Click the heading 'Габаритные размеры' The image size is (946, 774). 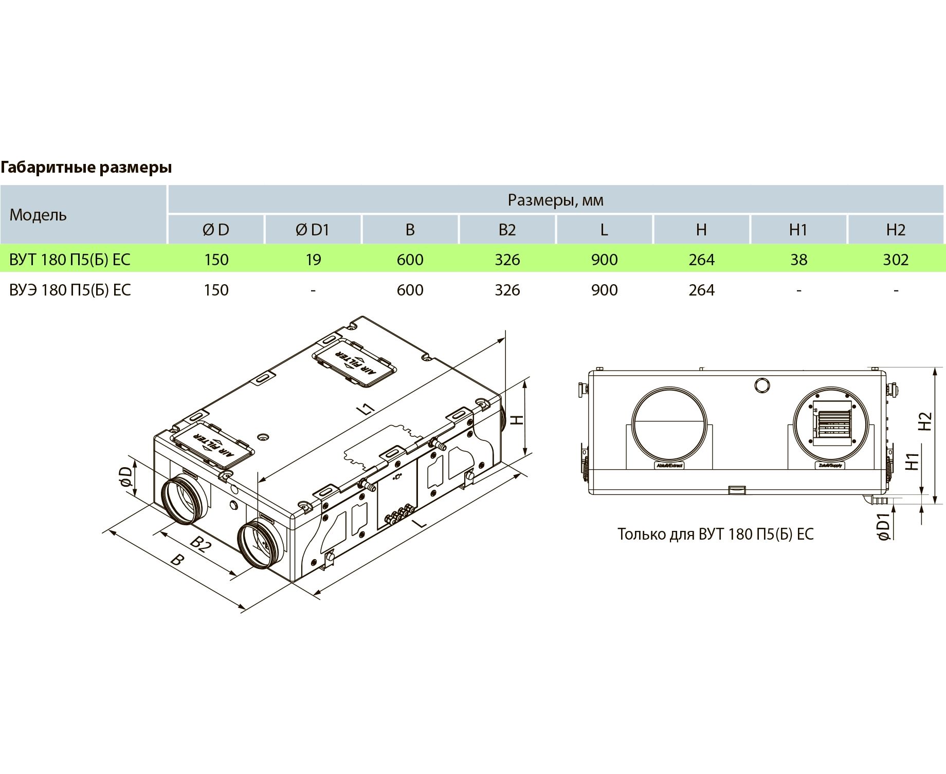(86, 167)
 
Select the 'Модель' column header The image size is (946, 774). (38, 215)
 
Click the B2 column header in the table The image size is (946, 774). (507, 230)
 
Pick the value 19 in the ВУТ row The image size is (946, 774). (313, 260)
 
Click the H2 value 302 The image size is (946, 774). (896, 260)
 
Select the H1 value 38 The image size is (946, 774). (798, 260)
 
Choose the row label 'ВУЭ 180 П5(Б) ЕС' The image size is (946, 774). (70, 290)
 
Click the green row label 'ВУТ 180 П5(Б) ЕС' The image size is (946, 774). (70, 260)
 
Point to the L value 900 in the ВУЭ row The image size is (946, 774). (604, 290)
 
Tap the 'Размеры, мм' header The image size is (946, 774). (555, 200)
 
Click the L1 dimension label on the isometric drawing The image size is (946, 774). (366, 409)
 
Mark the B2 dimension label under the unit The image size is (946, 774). (201, 544)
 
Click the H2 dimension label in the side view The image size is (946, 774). (925, 421)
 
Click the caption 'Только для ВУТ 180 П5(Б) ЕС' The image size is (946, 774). (715, 535)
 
